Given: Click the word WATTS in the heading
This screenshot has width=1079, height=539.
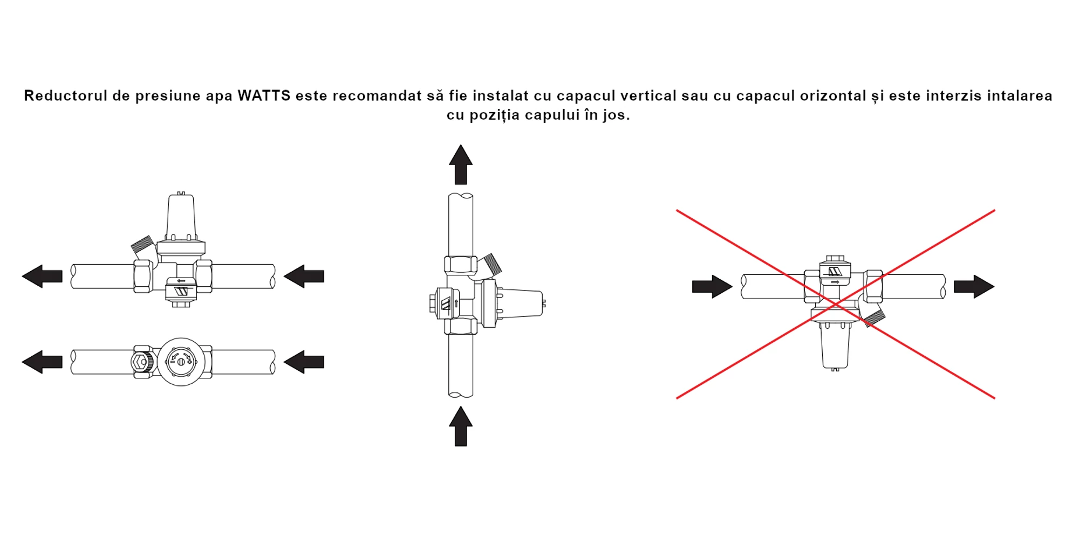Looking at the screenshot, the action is [x=264, y=96].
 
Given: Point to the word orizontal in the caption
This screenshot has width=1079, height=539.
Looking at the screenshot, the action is [x=833, y=96].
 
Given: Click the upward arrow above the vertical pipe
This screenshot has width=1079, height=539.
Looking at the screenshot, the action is [x=461, y=165].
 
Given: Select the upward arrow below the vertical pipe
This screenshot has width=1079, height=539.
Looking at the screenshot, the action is [x=461, y=426].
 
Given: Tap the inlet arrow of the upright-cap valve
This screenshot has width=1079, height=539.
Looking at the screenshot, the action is [x=304, y=277].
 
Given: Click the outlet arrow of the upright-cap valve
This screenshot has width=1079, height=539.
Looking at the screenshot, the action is [x=42, y=277].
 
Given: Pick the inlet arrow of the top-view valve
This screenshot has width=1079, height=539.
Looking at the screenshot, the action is [x=304, y=362].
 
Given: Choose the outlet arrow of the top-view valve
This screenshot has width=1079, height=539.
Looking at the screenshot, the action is [x=42, y=362].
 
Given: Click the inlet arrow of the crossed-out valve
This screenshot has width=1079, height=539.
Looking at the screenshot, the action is [x=712, y=287].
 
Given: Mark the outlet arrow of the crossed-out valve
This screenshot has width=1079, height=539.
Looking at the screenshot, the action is [x=974, y=287].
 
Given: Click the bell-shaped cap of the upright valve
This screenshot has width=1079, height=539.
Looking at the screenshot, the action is [x=181, y=217].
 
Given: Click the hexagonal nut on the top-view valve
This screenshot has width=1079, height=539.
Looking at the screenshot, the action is [x=141, y=362].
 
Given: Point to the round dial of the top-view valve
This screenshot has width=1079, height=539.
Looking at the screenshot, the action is [x=181, y=362].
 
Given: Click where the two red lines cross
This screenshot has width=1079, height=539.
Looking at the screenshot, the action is [x=836, y=305].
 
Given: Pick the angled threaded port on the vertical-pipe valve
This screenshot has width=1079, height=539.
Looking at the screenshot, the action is [x=491, y=264].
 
